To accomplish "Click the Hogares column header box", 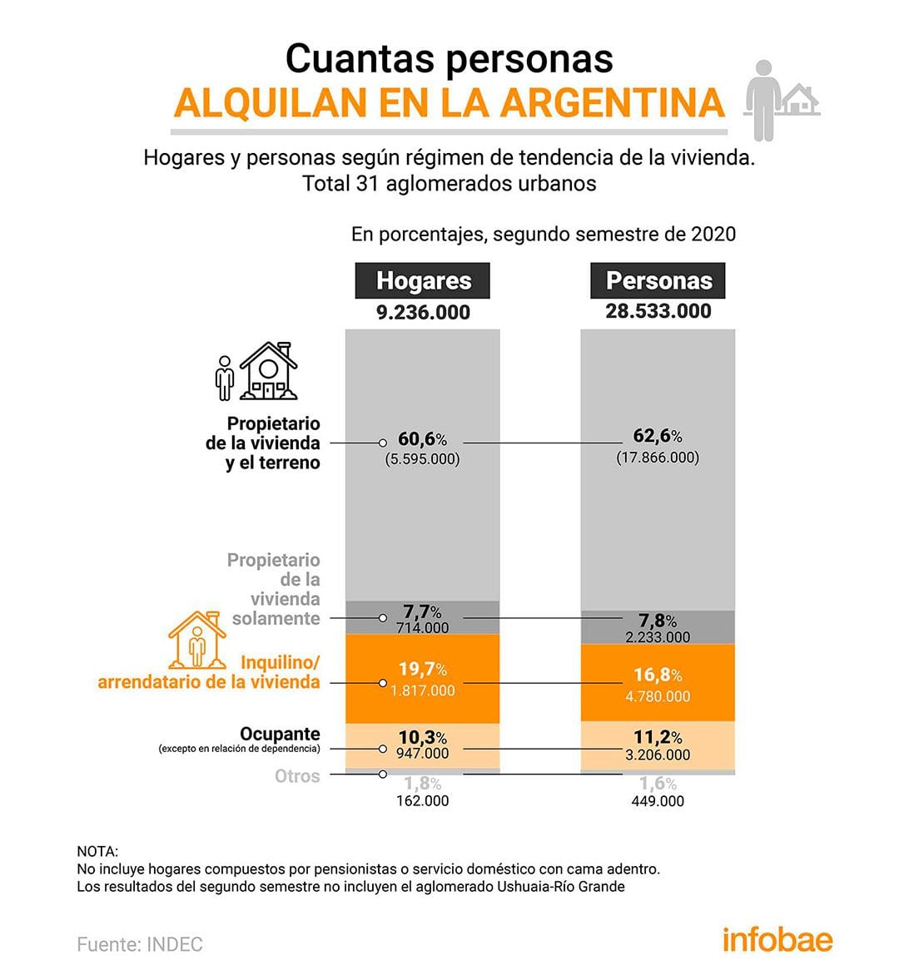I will [423, 281].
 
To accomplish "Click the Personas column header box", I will [658, 281].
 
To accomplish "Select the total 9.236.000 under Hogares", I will [423, 313].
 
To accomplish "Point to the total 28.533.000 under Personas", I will [658, 311].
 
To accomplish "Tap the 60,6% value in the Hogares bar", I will [422, 439].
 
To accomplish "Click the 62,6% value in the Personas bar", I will [658, 437].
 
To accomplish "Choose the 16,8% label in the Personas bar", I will [658, 675].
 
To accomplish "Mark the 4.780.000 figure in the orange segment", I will [658, 696].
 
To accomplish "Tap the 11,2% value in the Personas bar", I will [658, 738].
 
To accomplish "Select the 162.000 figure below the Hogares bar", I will [423, 801].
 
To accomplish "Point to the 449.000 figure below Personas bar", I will [658, 801].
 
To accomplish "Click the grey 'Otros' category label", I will [297, 776].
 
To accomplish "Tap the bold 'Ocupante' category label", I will [280, 734].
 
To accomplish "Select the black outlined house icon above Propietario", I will [268, 371].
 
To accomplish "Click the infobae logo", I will [777, 939].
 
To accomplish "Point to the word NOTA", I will [97, 851].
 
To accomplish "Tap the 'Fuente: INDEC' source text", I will [140, 944].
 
